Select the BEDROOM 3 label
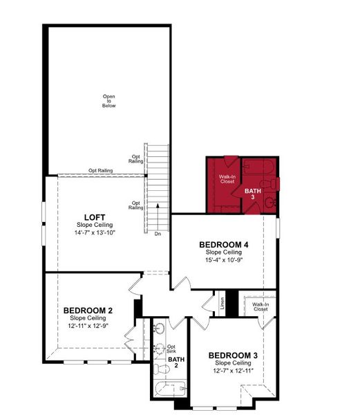click(233, 356)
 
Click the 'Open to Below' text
click(109, 101)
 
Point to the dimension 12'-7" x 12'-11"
click(233, 371)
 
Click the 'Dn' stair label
click(158, 234)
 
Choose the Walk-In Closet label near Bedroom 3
click(260, 306)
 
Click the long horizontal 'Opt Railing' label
click(101, 171)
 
